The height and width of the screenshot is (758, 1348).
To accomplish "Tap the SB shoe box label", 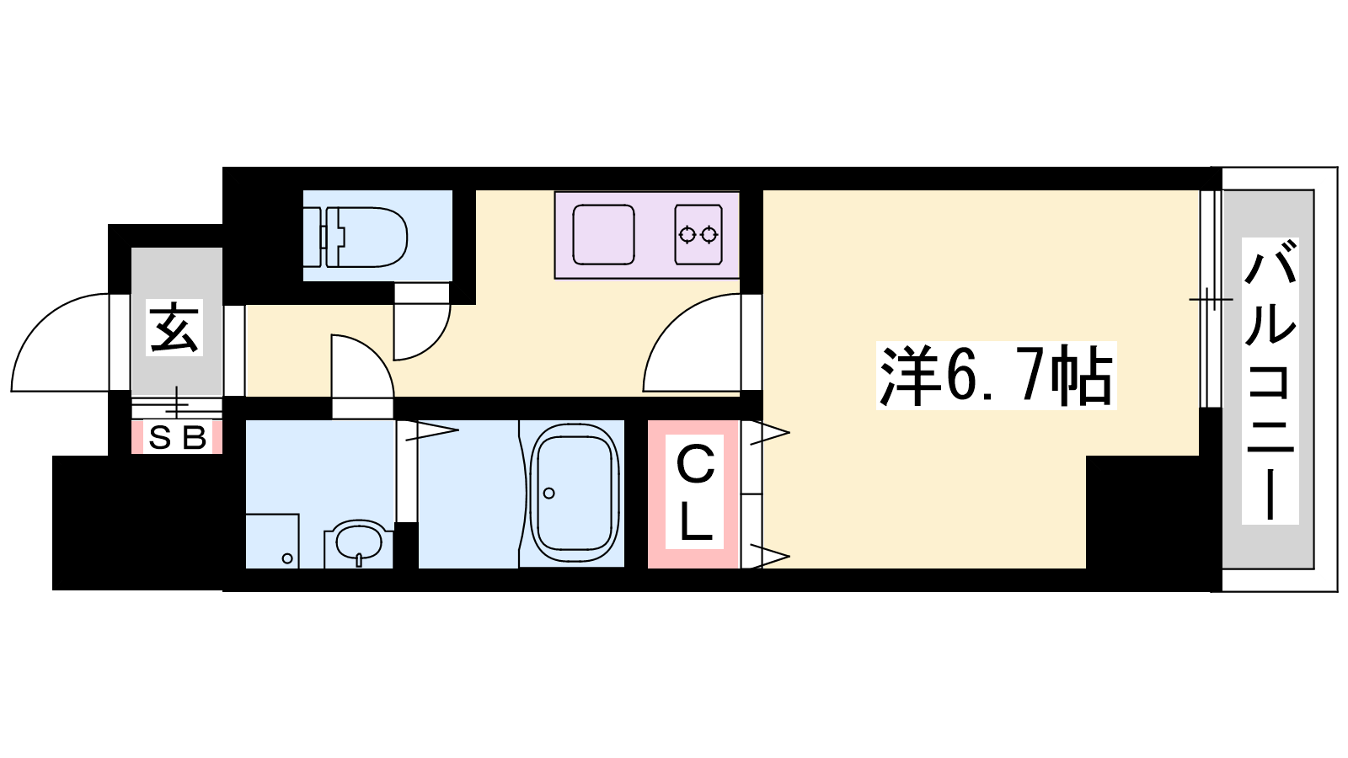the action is [x=177, y=437].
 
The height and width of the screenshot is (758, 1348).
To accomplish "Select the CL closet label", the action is [x=694, y=492].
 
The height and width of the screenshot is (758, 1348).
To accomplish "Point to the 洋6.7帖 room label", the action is [x=996, y=376].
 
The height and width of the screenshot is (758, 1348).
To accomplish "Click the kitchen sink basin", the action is [x=603, y=235].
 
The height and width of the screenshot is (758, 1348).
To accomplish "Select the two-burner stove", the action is [x=698, y=235].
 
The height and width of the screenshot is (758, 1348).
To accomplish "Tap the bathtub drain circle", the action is [x=548, y=494].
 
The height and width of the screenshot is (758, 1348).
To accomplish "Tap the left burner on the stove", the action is [x=687, y=234].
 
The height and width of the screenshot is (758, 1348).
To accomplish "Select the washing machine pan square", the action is [x=273, y=540].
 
